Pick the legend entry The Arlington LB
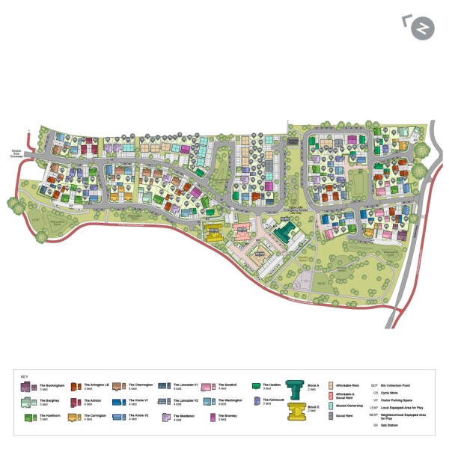tap(97, 386)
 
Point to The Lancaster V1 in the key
tap(186, 386)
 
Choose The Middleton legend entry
tap(185, 418)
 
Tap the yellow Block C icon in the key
tap(294, 412)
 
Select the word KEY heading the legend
tap(25, 376)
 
